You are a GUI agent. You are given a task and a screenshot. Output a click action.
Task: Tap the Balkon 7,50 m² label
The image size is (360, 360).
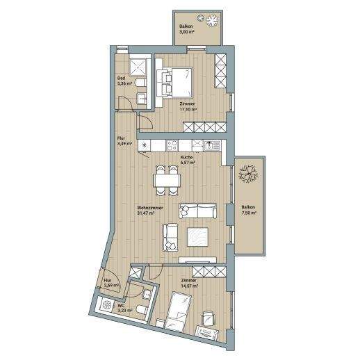coord(249,210)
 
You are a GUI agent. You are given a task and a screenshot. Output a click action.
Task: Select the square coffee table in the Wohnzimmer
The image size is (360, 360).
coord(198,237)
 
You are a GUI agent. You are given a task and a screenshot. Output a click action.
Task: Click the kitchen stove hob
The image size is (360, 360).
coord(172,145)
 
